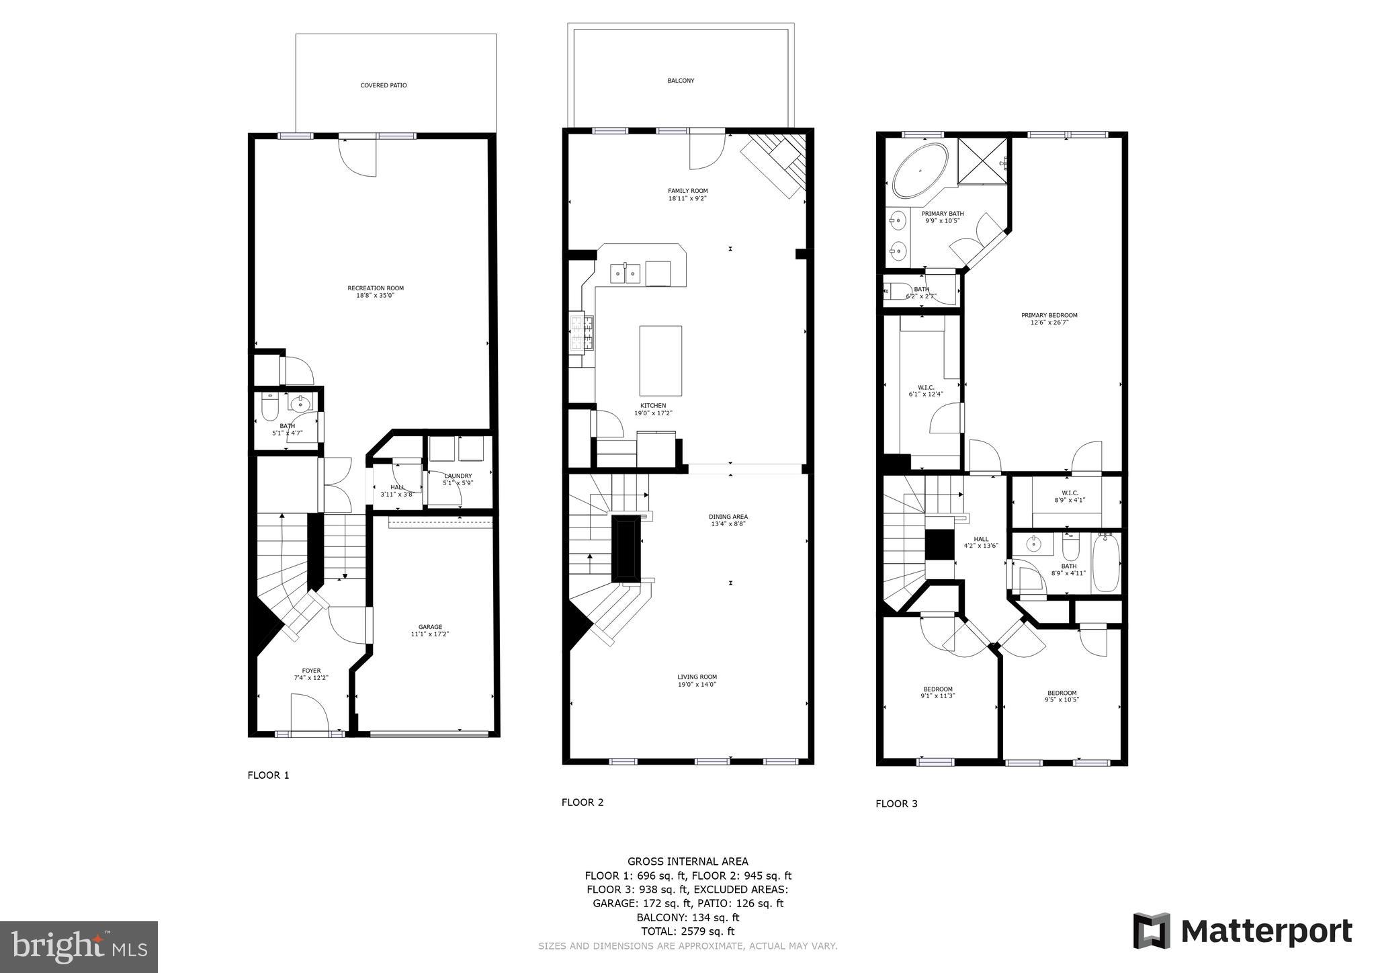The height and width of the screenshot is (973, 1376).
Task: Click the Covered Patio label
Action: point(383,85)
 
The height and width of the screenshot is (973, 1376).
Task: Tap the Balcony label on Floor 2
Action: point(681,81)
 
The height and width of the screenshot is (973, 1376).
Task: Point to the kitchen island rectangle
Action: point(660,360)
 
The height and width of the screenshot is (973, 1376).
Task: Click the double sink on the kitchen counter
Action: point(626,274)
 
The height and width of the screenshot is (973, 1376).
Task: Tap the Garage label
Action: point(430,627)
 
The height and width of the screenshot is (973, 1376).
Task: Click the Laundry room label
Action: point(458,476)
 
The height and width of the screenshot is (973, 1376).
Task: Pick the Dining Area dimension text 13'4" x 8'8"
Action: point(728,524)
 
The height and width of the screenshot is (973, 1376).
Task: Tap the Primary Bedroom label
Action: point(1049,315)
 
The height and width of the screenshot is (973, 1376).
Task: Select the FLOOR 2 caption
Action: point(583,802)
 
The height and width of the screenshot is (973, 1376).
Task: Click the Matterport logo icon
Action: point(1152,931)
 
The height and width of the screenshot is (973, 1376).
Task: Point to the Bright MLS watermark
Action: point(79,947)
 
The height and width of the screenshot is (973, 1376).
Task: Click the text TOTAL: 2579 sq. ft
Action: point(687,931)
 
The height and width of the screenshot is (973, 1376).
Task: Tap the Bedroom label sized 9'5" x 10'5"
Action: point(1062,693)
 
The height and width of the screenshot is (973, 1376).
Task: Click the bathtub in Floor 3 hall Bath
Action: point(1106,562)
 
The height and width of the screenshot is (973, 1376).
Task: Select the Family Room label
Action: point(687,191)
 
